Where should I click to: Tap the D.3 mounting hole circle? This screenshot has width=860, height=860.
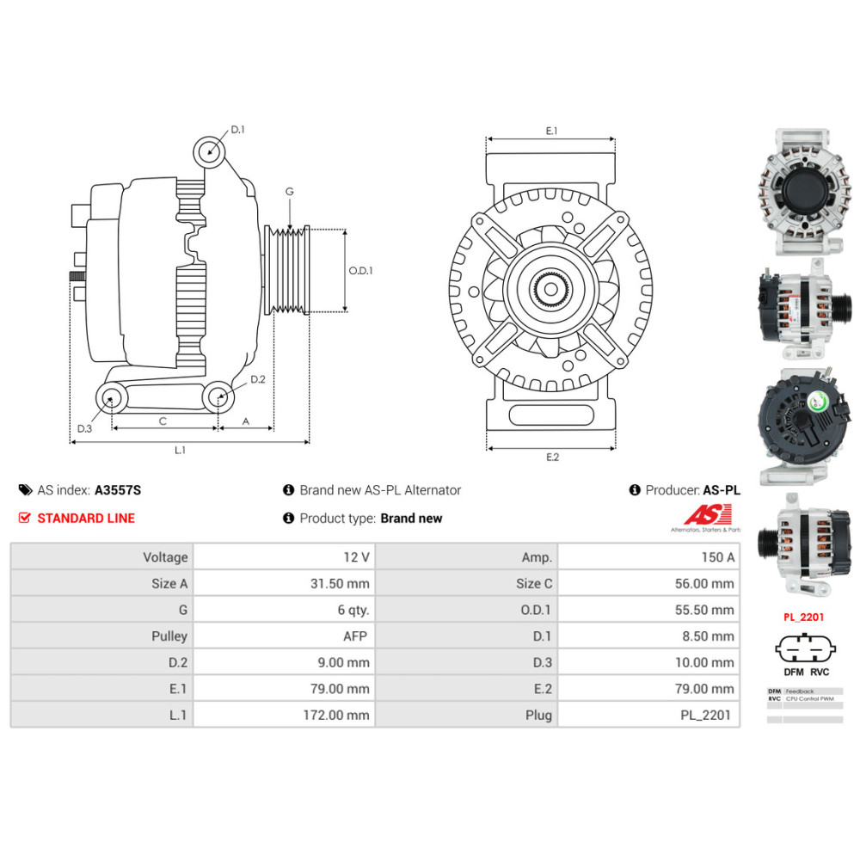point(110,397)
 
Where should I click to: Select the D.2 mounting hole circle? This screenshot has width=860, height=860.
point(218,396)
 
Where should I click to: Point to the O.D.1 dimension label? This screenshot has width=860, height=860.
point(361,270)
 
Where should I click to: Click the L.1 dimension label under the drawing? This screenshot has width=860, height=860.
point(181,450)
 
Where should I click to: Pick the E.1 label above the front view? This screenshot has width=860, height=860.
point(551,131)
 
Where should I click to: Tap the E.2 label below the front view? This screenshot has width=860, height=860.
point(552,457)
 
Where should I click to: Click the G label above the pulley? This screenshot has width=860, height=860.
point(290,192)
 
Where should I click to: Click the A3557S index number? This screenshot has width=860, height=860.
point(118,490)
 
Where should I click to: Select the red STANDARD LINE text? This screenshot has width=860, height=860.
point(86,518)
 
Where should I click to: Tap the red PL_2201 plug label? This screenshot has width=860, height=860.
point(804,617)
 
